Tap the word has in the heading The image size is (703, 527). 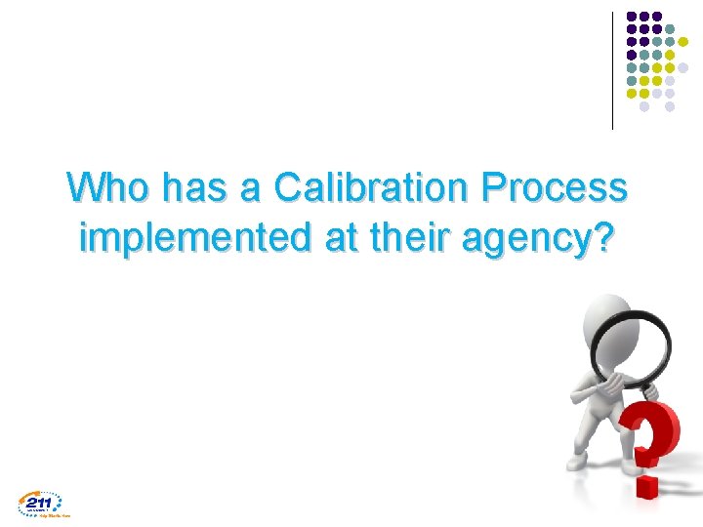195,186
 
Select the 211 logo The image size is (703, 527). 40,503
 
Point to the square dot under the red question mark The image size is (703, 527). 647,486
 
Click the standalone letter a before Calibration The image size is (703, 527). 251,186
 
